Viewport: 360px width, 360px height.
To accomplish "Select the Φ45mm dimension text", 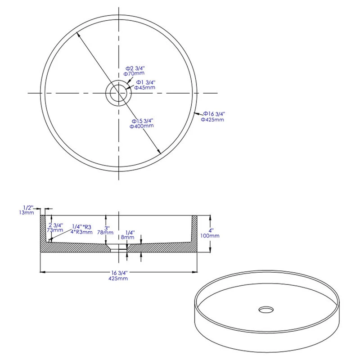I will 144,88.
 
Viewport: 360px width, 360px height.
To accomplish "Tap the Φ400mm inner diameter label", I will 142,126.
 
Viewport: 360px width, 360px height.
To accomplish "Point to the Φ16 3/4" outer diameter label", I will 214,114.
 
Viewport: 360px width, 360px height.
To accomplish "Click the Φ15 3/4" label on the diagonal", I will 143,121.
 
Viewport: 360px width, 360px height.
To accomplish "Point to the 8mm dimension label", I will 127,237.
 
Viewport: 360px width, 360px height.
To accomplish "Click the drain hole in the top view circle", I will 118,93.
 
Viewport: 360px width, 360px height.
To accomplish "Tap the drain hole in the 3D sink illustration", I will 265,310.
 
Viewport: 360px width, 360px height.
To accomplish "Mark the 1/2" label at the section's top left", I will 28,207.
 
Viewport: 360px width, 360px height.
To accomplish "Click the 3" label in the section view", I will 106,228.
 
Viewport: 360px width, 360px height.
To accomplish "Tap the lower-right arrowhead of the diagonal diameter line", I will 159,153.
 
